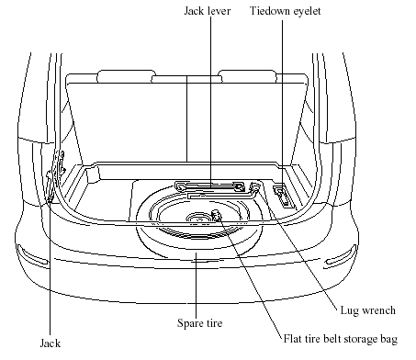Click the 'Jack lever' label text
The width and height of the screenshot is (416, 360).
208,11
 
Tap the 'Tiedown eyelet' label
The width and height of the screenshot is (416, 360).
286,11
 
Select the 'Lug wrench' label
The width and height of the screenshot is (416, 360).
368,310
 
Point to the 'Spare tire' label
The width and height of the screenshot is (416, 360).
199,323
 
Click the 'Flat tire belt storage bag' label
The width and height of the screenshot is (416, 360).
341,339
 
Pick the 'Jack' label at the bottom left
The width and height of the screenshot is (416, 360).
51,343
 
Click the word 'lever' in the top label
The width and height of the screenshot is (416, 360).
219,11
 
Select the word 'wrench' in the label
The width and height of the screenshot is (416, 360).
378,310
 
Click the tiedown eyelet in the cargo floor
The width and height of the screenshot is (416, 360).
283,197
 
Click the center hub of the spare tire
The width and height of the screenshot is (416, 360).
199,219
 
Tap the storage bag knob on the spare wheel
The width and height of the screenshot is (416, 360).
216,215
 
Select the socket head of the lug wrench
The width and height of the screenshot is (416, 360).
254,186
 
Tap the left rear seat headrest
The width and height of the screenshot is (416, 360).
126,76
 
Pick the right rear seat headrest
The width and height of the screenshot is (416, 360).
247,76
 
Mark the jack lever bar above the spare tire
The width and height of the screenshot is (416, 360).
210,186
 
